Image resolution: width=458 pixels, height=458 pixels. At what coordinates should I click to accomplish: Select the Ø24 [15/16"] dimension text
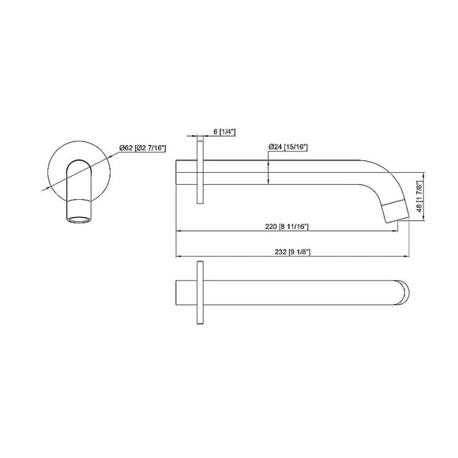point(287,147)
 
